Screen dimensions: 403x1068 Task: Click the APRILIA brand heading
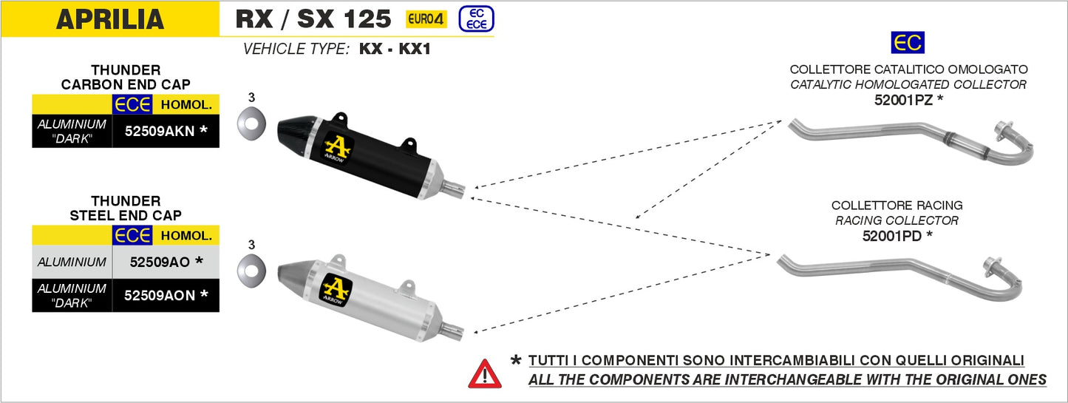110,19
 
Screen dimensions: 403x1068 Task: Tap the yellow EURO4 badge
426,19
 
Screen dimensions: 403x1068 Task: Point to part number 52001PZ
908,99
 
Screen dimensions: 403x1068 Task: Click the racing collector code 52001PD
897,236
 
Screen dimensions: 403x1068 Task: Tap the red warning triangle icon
484,373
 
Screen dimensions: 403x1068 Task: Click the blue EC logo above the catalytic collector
907,44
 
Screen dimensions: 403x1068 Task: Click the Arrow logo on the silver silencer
335,288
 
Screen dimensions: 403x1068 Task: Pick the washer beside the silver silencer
251,268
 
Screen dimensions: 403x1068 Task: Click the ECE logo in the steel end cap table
132,236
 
